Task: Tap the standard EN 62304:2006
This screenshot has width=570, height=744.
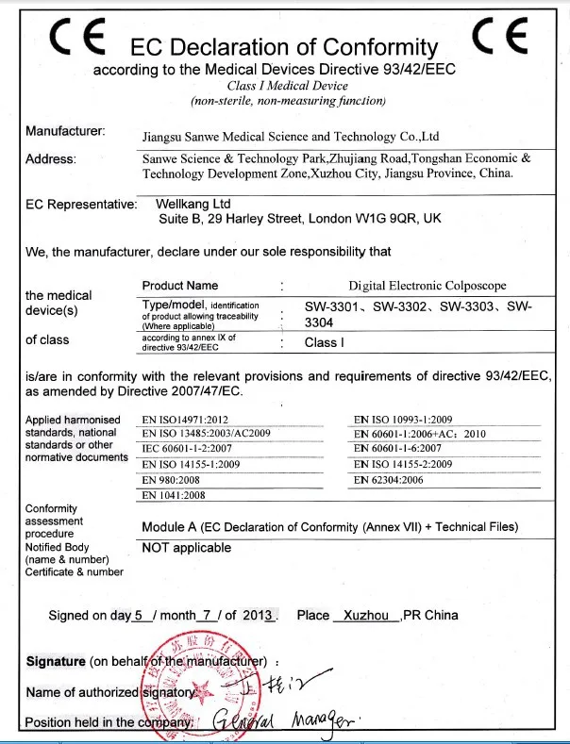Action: [389, 480]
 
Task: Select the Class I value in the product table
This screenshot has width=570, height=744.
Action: [324, 343]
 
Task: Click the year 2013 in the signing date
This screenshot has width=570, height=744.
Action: [257, 615]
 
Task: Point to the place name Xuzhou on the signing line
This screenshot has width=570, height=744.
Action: [367, 615]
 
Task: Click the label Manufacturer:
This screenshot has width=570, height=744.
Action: [65, 130]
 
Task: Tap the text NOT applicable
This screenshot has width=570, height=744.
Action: [186, 548]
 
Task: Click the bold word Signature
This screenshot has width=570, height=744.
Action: [56, 661]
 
